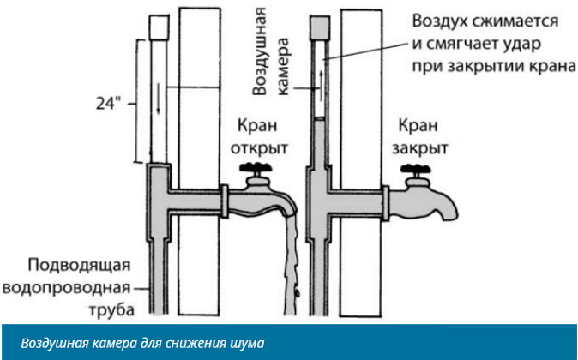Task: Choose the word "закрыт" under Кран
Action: pos(420,147)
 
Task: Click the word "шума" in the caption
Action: pos(248,344)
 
